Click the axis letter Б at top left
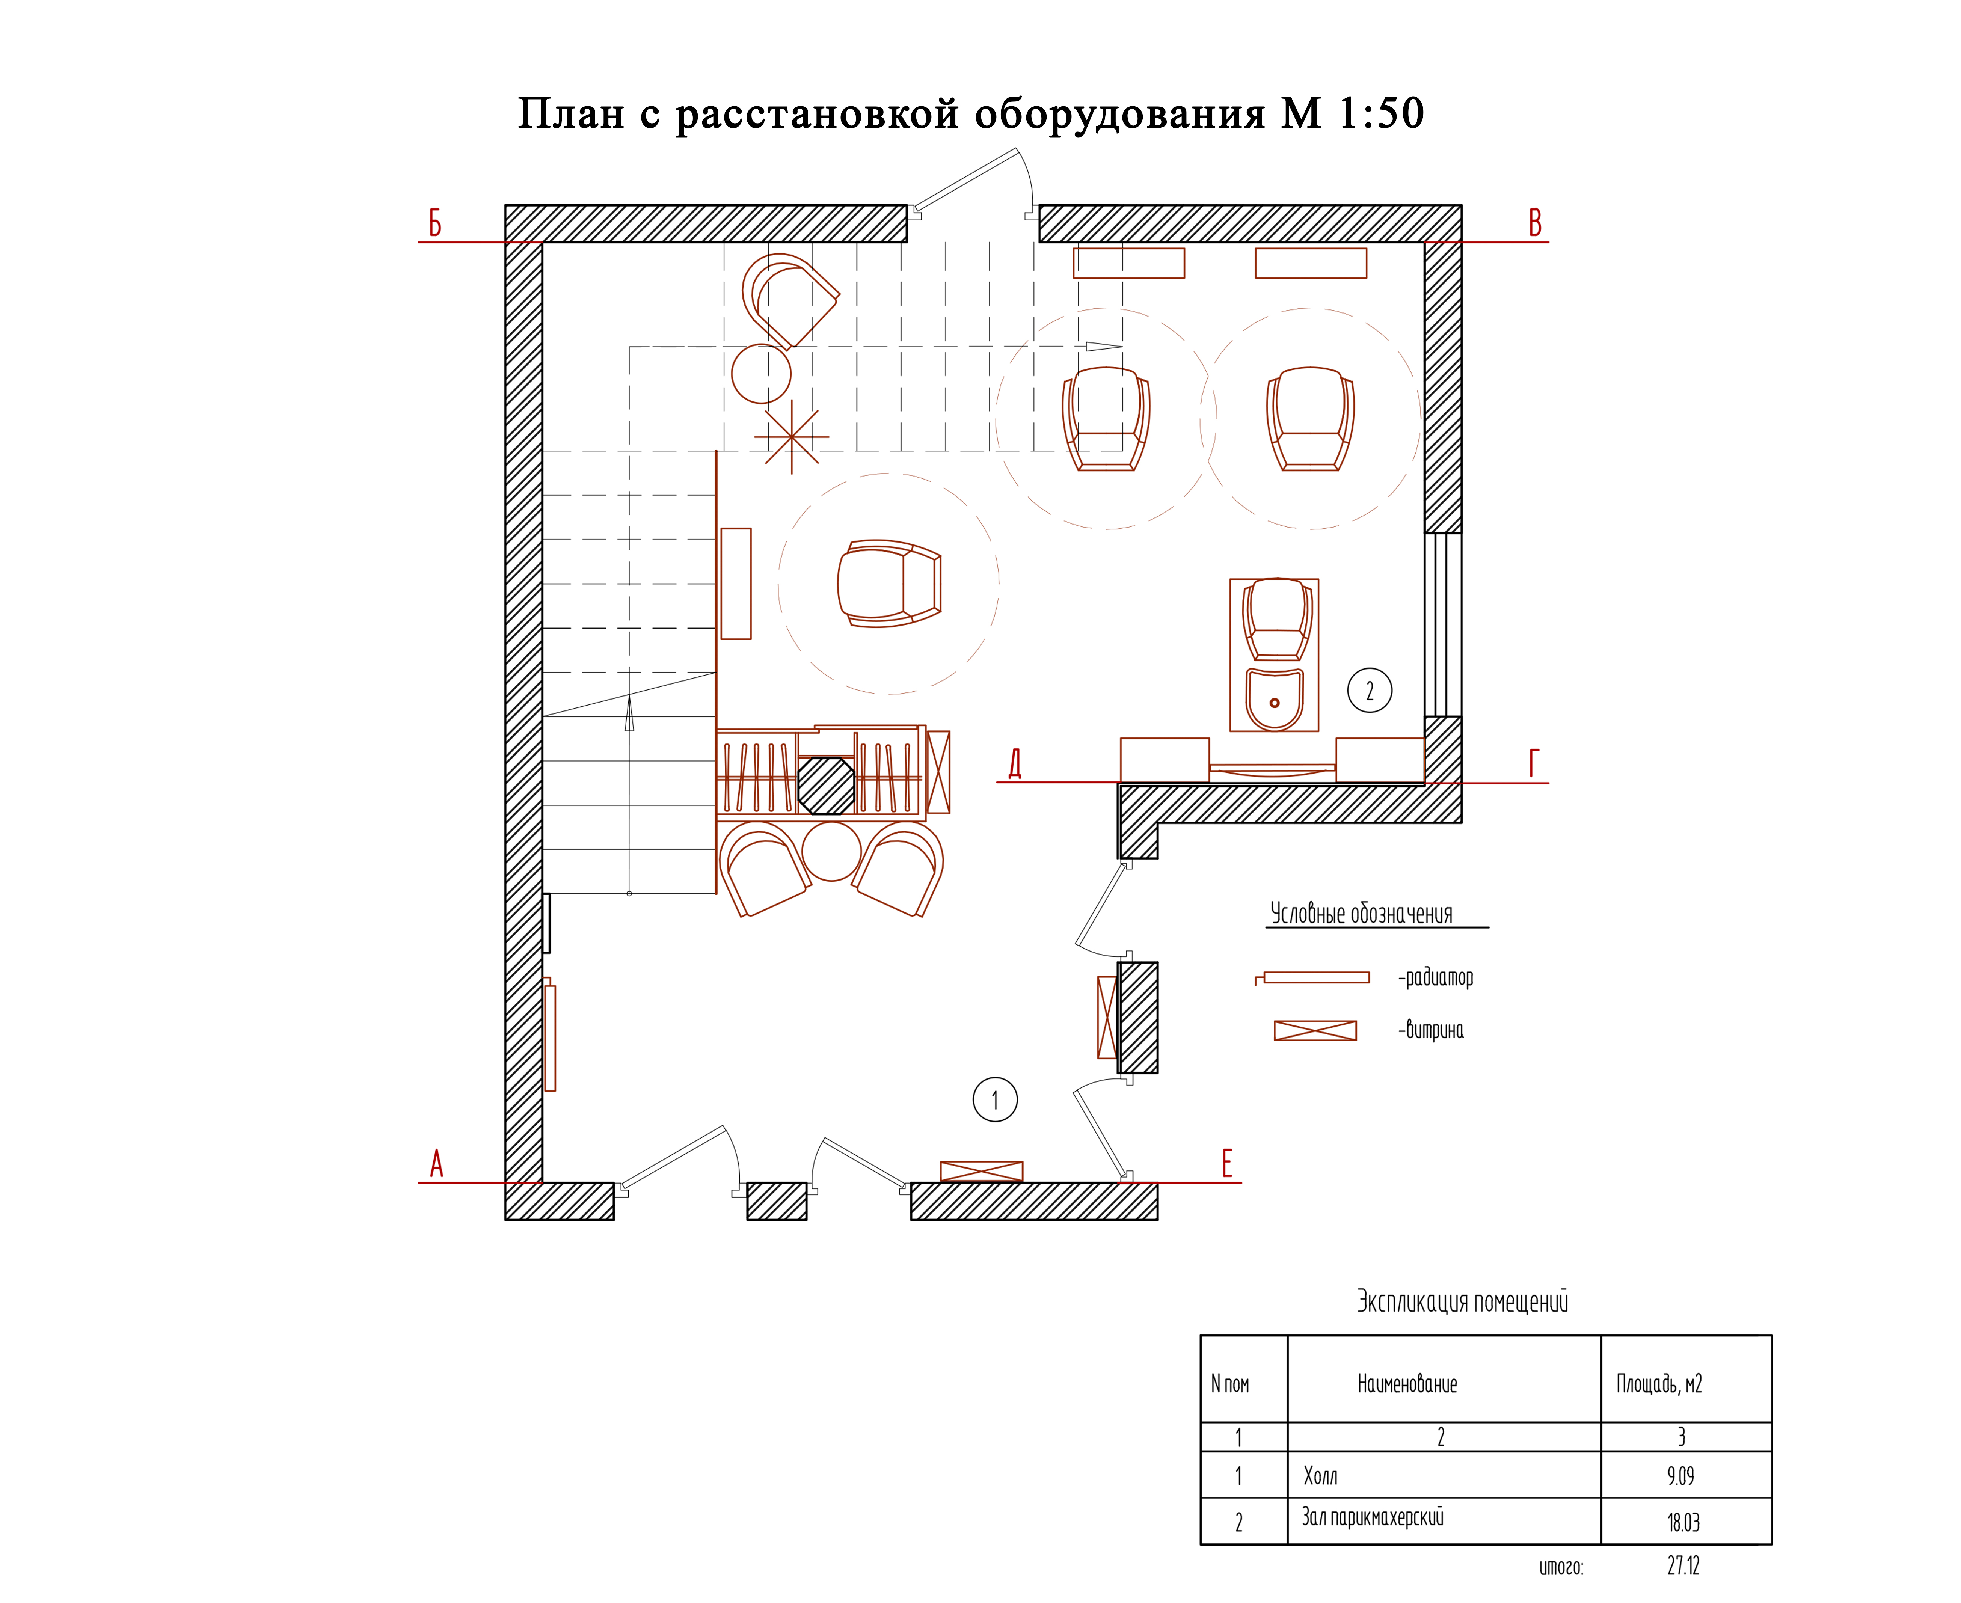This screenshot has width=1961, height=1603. click(435, 223)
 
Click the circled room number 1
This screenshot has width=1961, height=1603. click(994, 1100)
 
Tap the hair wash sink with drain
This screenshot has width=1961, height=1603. click(1274, 699)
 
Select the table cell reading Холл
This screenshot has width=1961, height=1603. click(1320, 1476)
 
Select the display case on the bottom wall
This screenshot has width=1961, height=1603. click(981, 1171)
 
